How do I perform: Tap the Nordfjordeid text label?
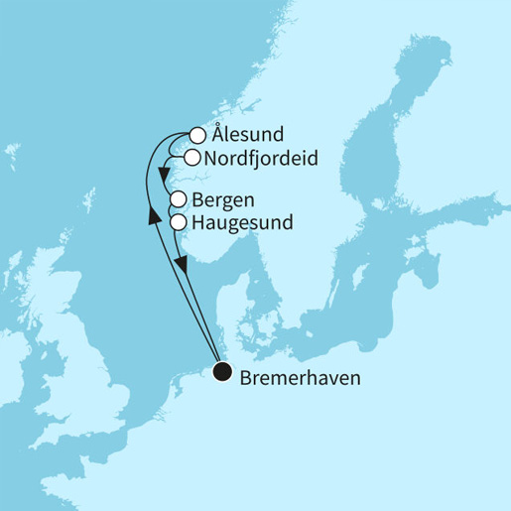(x=254, y=158)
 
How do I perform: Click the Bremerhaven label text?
(x=300, y=378)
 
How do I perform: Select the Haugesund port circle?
(x=179, y=221)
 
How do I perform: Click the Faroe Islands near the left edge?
(x=11, y=154)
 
